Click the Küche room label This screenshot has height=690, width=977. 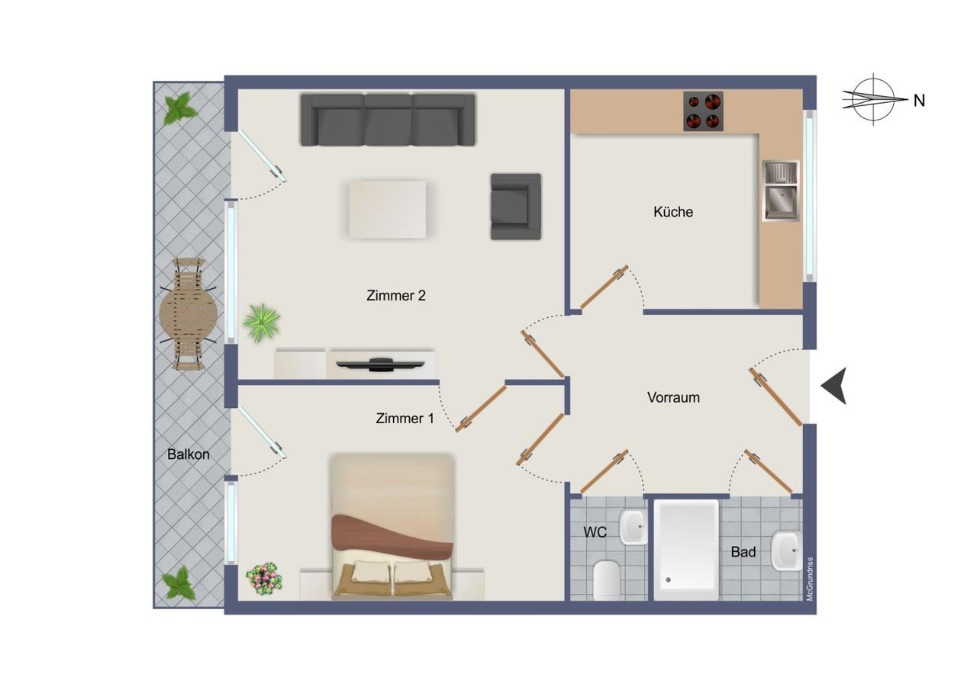(x=673, y=212)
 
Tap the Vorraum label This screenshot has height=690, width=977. (x=673, y=397)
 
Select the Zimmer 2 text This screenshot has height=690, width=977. (x=395, y=295)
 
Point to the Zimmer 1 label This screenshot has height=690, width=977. (x=405, y=418)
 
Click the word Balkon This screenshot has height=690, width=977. (x=188, y=454)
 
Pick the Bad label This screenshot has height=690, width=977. (x=743, y=552)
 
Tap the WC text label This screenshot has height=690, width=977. (x=595, y=532)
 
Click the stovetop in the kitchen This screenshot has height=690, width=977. (x=703, y=111)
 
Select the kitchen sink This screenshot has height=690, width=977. (x=781, y=191)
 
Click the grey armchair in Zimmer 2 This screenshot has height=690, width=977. (x=516, y=207)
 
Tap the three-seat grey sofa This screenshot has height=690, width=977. (x=388, y=120)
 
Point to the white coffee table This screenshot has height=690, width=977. (x=387, y=210)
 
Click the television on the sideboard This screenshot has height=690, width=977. (x=380, y=364)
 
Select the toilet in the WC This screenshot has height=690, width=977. (x=607, y=580)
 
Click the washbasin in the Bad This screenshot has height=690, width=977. (x=786, y=550)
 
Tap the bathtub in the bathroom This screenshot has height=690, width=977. (x=686, y=550)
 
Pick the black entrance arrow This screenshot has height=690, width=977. (x=834, y=386)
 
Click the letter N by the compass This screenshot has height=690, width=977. (x=919, y=101)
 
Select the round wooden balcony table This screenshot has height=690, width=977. (x=189, y=313)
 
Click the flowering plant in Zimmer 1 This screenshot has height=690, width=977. (x=263, y=579)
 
